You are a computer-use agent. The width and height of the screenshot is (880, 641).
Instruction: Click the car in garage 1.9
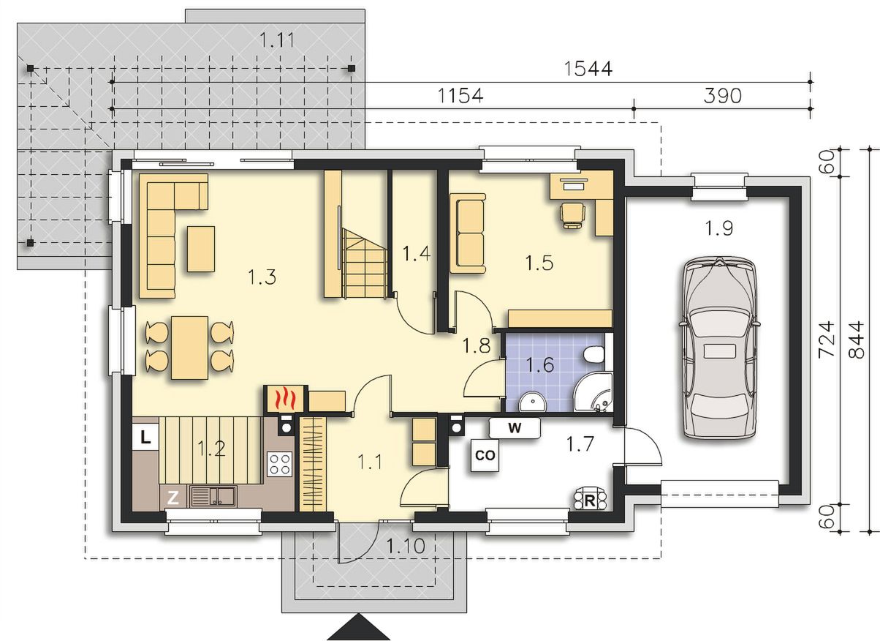719,348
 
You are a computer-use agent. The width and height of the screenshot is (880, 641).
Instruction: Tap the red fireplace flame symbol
284,399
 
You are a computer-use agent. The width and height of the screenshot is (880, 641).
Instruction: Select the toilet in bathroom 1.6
593,354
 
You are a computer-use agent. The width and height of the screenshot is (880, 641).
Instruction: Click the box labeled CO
485,455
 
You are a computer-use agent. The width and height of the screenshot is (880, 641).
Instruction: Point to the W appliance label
515,428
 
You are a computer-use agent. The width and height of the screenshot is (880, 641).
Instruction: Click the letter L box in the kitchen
145,437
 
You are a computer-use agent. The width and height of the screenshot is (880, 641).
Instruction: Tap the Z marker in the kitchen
172,498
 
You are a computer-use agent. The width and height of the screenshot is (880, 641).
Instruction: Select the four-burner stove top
280,464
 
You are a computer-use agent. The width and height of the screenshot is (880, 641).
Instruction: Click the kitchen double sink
213,495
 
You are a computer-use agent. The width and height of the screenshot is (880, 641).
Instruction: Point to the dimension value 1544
588,69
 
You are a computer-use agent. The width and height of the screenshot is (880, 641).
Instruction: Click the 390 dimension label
722,96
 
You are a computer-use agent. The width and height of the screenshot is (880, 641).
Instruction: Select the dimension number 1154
460,96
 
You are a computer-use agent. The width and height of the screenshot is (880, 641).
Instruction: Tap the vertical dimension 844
857,340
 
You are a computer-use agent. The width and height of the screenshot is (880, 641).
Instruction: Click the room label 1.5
539,263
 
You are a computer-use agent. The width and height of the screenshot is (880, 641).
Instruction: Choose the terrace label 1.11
277,40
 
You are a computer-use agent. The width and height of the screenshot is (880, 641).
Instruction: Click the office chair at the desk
573,214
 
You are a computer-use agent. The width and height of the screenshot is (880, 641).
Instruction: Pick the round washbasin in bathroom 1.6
533,402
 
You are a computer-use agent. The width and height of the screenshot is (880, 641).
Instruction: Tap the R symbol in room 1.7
590,501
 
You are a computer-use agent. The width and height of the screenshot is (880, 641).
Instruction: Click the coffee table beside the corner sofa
201,249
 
